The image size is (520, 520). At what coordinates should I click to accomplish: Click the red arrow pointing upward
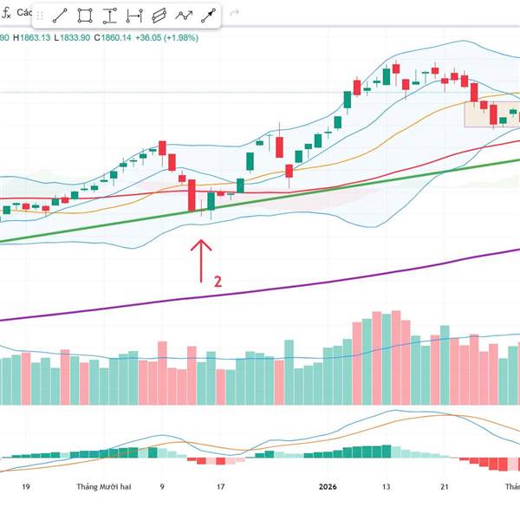201,260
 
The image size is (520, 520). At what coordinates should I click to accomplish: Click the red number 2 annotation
218,281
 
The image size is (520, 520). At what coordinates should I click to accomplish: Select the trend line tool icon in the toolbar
60,15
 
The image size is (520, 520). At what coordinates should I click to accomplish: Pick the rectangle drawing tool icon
85,15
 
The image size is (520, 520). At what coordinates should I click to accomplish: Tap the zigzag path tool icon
183,15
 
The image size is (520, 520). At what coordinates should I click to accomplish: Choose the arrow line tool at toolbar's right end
208,15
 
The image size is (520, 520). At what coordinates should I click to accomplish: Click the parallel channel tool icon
159,15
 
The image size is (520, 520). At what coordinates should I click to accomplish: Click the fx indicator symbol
6,12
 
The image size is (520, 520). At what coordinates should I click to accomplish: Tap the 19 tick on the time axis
27,487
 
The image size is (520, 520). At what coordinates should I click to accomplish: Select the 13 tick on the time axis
387,487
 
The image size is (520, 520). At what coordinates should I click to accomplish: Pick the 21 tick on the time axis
443,487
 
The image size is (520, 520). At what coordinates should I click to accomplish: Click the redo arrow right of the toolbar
234,15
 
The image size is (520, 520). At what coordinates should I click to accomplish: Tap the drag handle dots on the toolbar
43,15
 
